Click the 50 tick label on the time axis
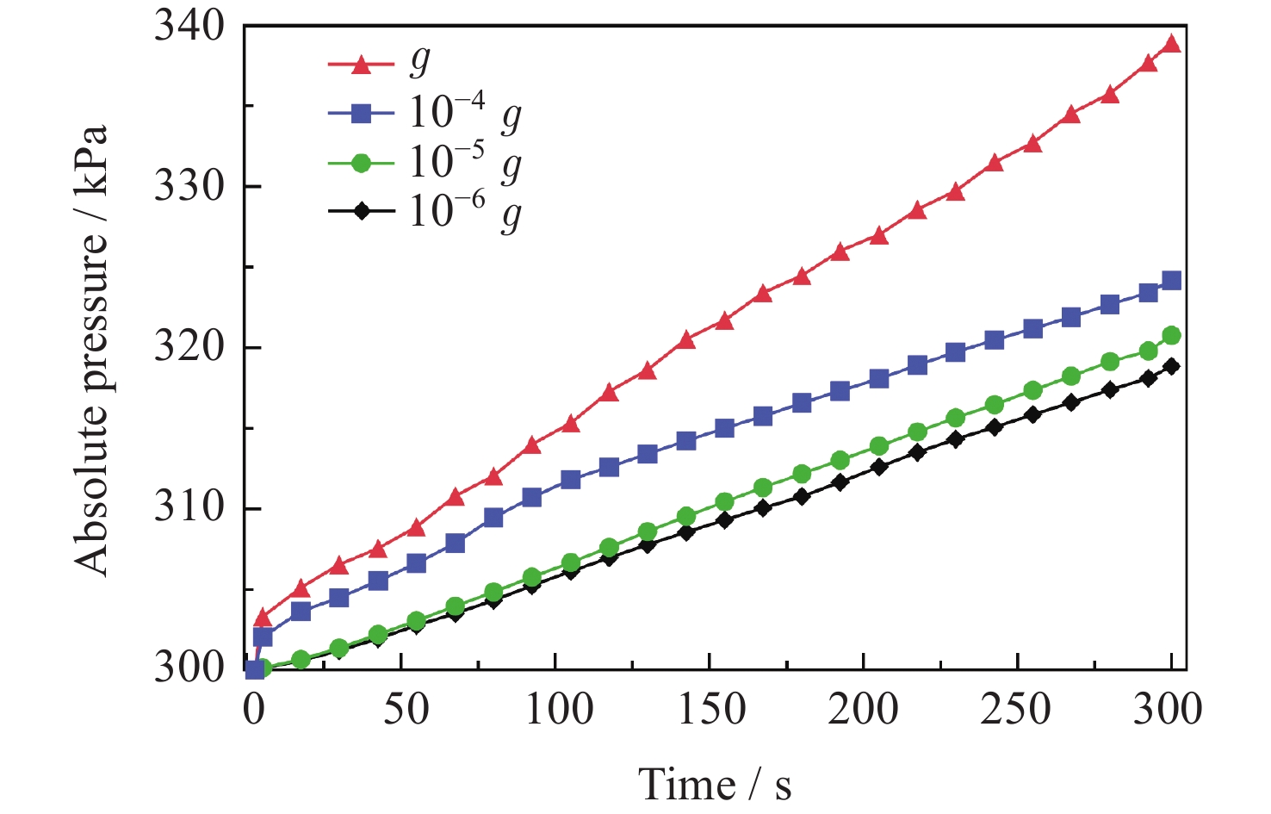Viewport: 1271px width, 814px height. coord(406,709)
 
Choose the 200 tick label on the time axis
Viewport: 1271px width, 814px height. coord(863,709)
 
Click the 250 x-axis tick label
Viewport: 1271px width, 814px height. coord(1017,709)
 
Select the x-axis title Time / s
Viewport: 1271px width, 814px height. coord(714,785)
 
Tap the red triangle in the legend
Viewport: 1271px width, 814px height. coord(362,64)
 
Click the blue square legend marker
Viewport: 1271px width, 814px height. coord(362,113)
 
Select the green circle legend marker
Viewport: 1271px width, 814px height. coord(362,162)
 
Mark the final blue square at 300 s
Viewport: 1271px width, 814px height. coord(1171,281)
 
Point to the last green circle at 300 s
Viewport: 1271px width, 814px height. coord(1171,335)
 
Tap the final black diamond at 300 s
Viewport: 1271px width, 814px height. coord(1171,366)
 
